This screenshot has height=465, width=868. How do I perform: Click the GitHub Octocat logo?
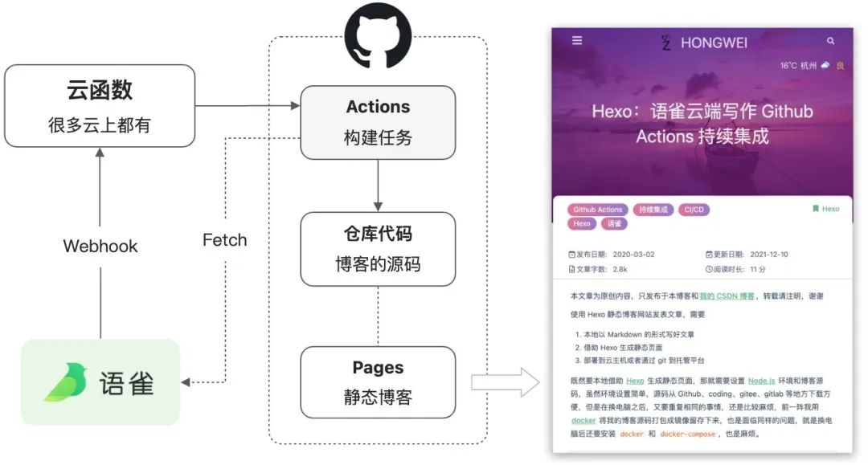tap(378, 36)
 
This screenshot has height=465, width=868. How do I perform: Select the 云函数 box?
tap(100, 106)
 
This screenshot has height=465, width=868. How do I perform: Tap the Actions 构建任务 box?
tap(378, 122)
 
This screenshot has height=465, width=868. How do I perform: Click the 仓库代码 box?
tap(378, 248)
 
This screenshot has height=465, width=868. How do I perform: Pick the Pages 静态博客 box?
tap(378, 381)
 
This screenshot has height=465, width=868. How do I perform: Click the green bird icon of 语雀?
tap(66, 383)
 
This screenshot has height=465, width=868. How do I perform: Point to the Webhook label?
tap(100, 246)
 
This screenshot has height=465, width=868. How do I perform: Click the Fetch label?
tap(224, 239)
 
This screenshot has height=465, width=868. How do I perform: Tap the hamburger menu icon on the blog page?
tap(577, 41)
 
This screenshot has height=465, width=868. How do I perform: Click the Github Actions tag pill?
tap(598, 210)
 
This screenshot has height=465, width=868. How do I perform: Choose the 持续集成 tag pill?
tap(653, 210)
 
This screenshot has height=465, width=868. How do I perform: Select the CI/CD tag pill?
tap(693, 210)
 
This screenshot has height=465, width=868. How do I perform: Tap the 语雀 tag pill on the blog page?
tap(615, 224)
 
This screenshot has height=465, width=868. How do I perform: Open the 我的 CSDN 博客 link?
tap(727, 296)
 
